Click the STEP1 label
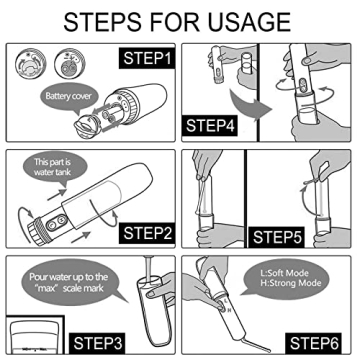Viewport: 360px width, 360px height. pos(147,58)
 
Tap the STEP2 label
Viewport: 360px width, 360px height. pos(147,233)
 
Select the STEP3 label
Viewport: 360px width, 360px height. pos(93,343)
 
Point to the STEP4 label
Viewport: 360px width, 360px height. pos(210,126)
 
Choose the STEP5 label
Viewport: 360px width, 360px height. pos(277,238)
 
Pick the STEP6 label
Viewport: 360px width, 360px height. pos(314,343)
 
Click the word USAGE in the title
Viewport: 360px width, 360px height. pos(245,22)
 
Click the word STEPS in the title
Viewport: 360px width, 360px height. pos(103,22)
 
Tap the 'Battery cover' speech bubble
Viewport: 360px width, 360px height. pos(68,98)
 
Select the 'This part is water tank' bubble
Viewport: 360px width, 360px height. pos(53,168)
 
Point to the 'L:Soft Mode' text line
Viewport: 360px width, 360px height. pos(285,273)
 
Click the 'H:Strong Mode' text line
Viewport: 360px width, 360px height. pos(291,283)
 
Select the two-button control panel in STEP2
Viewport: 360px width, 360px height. pos(56,222)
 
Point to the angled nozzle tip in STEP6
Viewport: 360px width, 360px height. pos(258,345)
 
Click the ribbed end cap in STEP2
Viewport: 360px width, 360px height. pos(36,232)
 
